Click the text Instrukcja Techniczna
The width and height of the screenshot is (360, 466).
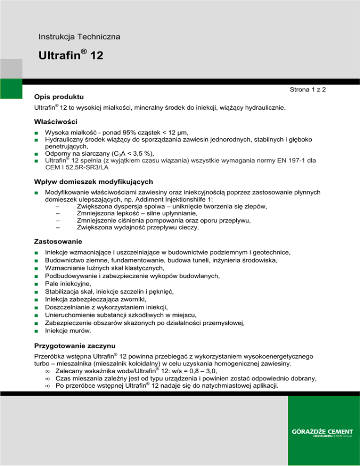pos(80,37)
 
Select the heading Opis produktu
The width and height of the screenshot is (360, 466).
pos(59,97)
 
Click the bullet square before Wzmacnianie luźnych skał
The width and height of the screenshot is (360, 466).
pos(36,268)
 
